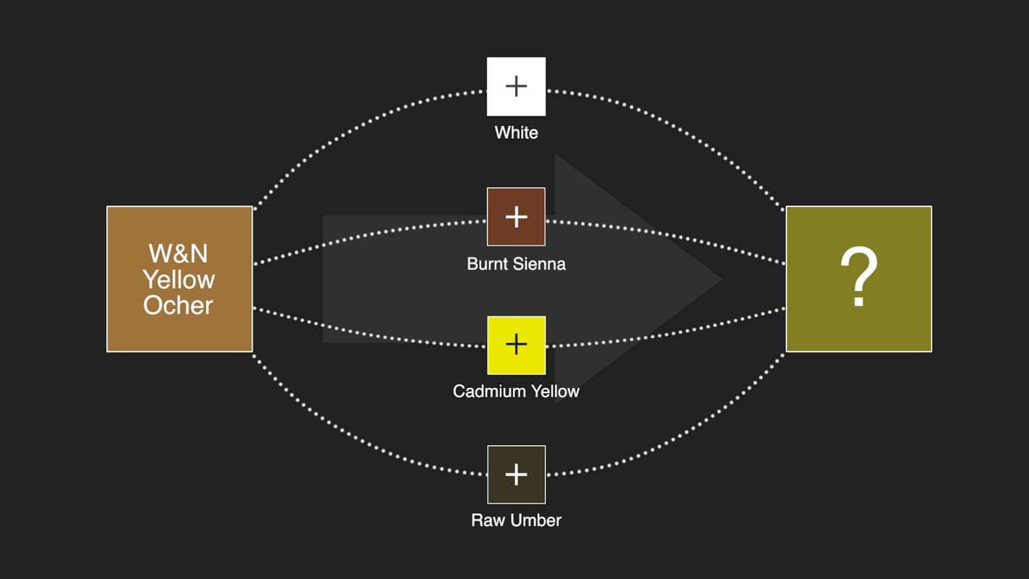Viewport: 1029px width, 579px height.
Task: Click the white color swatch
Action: (x=516, y=87)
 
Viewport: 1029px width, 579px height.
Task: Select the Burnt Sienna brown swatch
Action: (x=516, y=216)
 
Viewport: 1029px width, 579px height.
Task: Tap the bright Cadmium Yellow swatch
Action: (x=516, y=345)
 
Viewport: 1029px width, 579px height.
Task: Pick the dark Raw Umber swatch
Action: (x=516, y=474)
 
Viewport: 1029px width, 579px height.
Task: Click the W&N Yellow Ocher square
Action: (x=179, y=279)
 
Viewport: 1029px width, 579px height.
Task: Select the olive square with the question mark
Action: (x=858, y=279)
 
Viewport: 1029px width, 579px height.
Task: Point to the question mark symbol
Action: (x=858, y=278)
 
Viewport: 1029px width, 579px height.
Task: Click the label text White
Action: (x=516, y=132)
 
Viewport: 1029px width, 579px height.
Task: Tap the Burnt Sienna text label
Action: (x=516, y=263)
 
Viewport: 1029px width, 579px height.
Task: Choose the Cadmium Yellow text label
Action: (x=516, y=392)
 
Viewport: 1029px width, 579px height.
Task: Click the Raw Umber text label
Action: (x=516, y=520)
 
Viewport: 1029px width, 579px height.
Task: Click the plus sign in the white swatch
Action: (x=516, y=87)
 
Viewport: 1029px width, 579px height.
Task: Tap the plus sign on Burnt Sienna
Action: (x=516, y=216)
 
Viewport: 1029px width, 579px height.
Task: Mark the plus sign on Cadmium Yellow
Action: (x=516, y=345)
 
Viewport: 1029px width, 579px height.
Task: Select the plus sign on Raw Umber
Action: (x=516, y=474)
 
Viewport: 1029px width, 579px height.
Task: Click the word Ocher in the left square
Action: (x=178, y=305)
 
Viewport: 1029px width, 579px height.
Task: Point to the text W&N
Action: (x=178, y=253)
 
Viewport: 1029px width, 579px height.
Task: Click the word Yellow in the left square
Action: (x=178, y=279)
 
